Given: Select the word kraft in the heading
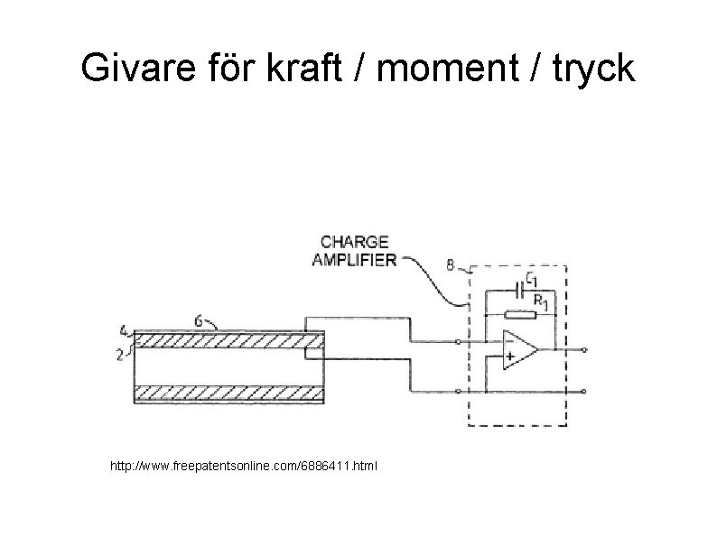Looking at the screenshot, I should (307, 69).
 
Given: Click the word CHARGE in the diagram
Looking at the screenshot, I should (354, 242).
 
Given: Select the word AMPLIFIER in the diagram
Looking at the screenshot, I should (354, 260).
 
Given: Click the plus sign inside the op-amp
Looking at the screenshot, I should (510, 357).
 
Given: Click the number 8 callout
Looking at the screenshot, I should (450, 265).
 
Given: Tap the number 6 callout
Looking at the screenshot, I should (198, 319).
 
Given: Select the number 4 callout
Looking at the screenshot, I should (122, 330).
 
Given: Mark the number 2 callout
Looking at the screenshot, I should (121, 355).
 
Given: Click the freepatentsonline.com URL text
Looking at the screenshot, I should (245, 467).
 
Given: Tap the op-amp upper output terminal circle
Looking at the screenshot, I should (584, 348).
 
